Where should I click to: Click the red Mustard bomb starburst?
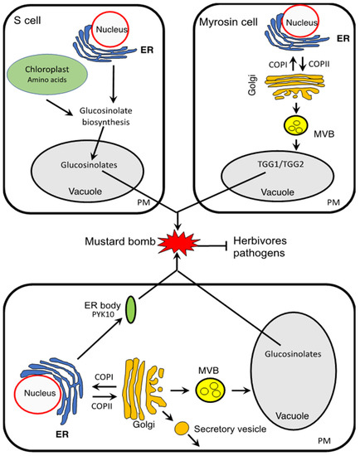coord(178,243)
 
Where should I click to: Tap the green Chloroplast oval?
coord(47,74)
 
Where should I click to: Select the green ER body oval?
coord(131,310)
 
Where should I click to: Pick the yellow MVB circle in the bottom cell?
coord(210,391)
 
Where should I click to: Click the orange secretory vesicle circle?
coord(182,429)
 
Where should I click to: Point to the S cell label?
coord(27,21)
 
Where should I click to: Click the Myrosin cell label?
coord(228,22)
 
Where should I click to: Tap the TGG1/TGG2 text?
coord(280,164)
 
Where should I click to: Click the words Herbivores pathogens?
coord(260,247)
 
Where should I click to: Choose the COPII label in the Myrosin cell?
coord(319,64)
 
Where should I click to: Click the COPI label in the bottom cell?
coord(104,377)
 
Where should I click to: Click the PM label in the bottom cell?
coord(324,441)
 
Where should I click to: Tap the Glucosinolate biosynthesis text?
coord(106,116)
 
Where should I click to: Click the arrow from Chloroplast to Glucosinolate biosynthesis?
coord(59,107)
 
